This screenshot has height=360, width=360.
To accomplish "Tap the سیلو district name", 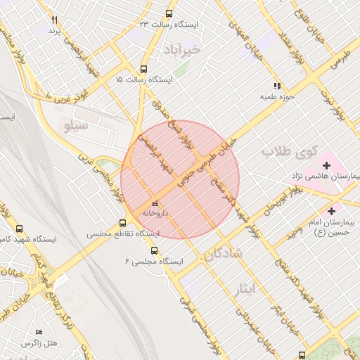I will pos(76,127).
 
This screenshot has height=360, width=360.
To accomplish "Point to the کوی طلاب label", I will pos(290,151).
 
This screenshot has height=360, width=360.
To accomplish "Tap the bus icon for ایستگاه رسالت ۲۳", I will pos(168,13).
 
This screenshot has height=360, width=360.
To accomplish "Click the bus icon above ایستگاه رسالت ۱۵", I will pos(144,69).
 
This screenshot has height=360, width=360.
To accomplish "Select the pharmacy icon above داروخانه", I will pos(155,205).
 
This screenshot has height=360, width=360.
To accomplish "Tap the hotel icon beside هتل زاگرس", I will pos(39,332).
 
